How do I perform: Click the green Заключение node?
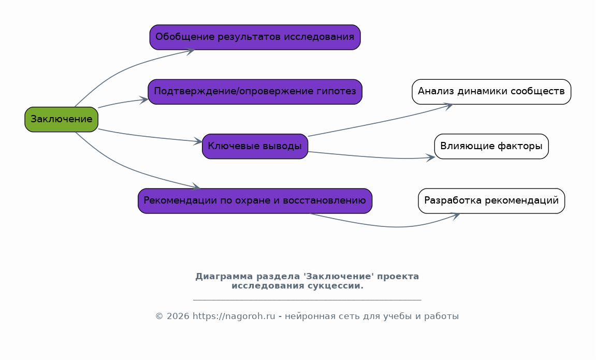pyautogui.click(x=61, y=119)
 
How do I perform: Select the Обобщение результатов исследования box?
pyautogui.click(x=255, y=37)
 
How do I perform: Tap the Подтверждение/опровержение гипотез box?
pyautogui.click(x=255, y=92)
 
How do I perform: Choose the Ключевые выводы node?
pyautogui.click(x=255, y=147)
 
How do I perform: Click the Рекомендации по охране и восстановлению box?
pyautogui.click(x=255, y=200)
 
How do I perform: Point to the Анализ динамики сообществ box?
pyautogui.click(x=491, y=92)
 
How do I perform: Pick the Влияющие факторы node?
pyautogui.click(x=491, y=147)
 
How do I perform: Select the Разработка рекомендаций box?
pyautogui.click(x=491, y=200)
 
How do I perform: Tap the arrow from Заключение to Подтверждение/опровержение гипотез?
pyautogui.click(x=122, y=103)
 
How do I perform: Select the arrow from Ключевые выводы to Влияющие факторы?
pyautogui.click(x=371, y=156)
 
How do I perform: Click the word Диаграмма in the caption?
pyautogui.click(x=224, y=277)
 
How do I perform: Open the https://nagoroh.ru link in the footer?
pyautogui.click(x=234, y=316)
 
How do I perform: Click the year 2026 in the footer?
pyautogui.click(x=178, y=316)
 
